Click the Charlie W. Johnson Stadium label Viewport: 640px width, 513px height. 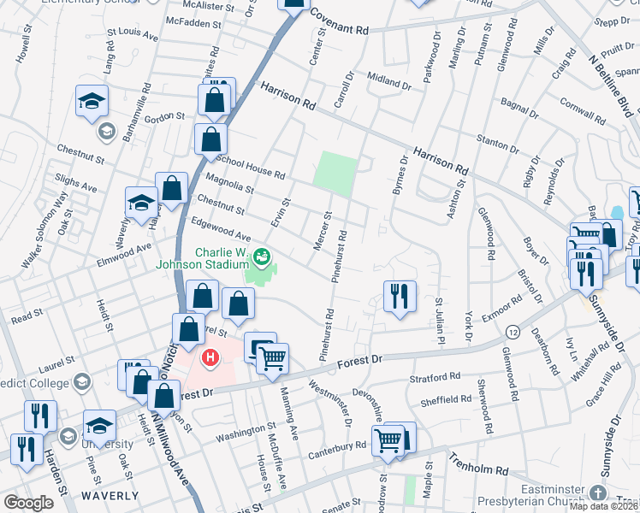208,258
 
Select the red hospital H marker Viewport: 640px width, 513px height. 208,355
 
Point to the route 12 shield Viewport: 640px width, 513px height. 512,330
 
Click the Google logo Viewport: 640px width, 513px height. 28,503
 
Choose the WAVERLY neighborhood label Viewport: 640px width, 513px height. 110,496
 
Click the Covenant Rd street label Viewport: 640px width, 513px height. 339,22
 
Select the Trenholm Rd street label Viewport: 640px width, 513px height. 478,470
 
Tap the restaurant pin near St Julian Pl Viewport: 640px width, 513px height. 400,297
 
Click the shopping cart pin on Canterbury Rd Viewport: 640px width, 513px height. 388,440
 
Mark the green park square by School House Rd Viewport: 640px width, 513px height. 333,171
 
